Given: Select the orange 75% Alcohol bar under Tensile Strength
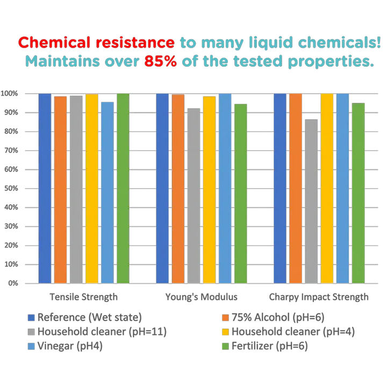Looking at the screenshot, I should (60, 188).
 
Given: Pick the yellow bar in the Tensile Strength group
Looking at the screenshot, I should (92, 188).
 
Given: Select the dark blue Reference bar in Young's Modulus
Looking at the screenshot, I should (162, 188).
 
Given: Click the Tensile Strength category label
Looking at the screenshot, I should (84, 297).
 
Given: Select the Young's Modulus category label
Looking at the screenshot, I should (200, 297).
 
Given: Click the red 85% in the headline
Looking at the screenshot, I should (160, 61).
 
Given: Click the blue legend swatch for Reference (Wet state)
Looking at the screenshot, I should (31, 318).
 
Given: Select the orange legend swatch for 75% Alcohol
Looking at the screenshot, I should (226, 318).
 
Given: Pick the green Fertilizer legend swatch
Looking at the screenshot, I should (226, 347).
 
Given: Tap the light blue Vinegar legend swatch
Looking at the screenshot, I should (31, 347).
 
